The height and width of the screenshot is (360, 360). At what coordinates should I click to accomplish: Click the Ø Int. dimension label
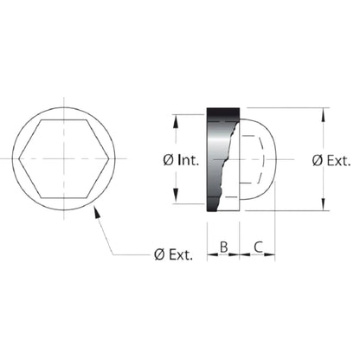coord(181,160)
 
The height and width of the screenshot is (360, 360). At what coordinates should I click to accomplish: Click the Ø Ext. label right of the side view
coord(331,160)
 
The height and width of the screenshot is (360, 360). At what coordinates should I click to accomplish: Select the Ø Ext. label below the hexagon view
coord(173,254)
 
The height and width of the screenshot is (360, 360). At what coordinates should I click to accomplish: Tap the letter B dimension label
coord(224,247)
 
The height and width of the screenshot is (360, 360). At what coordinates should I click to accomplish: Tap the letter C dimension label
coord(259,247)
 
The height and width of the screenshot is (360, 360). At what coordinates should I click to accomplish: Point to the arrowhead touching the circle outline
coord(97,211)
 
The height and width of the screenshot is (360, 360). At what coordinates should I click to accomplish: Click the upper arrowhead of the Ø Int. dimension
coord(175,121)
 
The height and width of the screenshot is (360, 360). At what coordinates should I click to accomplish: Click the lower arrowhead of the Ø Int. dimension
coord(176,196)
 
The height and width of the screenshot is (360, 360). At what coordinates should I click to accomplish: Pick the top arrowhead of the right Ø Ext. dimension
coord(323,114)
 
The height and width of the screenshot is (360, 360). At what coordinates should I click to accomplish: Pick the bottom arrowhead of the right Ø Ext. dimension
coord(324,204)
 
